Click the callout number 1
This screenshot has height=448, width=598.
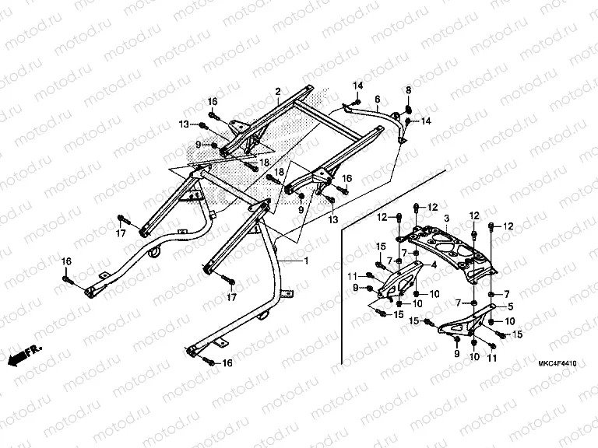tap(306, 261)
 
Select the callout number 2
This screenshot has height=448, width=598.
tap(277, 92)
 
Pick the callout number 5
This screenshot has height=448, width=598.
tap(510, 306)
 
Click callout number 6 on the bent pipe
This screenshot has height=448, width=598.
tap(377, 100)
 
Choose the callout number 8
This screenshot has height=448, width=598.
tap(408, 90)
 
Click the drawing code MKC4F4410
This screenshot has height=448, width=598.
tap(556, 362)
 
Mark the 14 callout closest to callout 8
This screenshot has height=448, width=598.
tap(426, 121)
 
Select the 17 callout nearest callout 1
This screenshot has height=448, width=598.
tap(231, 298)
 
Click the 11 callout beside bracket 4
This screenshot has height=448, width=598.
tap(352, 276)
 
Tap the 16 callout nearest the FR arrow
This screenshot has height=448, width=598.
tap(66, 260)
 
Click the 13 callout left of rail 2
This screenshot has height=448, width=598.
tap(184, 124)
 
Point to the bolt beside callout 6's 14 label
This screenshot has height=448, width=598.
tap(355, 101)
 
